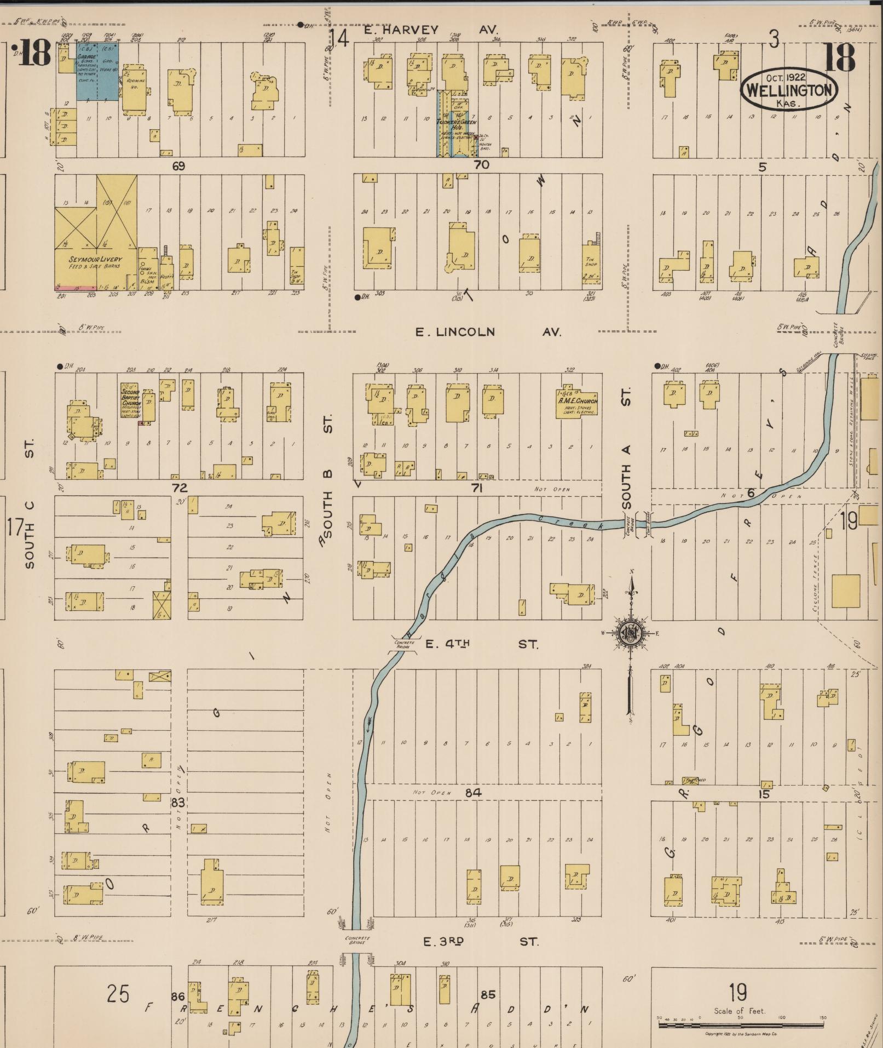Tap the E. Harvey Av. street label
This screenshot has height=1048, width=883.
click(431, 30)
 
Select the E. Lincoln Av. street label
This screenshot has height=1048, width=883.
click(488, 332)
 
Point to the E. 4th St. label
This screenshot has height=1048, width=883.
click(482, 644)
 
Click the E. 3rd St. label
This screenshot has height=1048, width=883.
click(481, 942)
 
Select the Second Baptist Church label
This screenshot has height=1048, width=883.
click(131, 402)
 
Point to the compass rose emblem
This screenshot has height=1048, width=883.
click(630, 633)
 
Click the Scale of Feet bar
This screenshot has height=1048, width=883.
click(742, 1023)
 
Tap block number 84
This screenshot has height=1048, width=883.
click(473, 792)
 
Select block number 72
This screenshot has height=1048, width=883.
click(180, 488)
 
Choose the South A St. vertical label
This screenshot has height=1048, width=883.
click(627, 448)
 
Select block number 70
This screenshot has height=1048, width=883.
click(481, 164)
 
